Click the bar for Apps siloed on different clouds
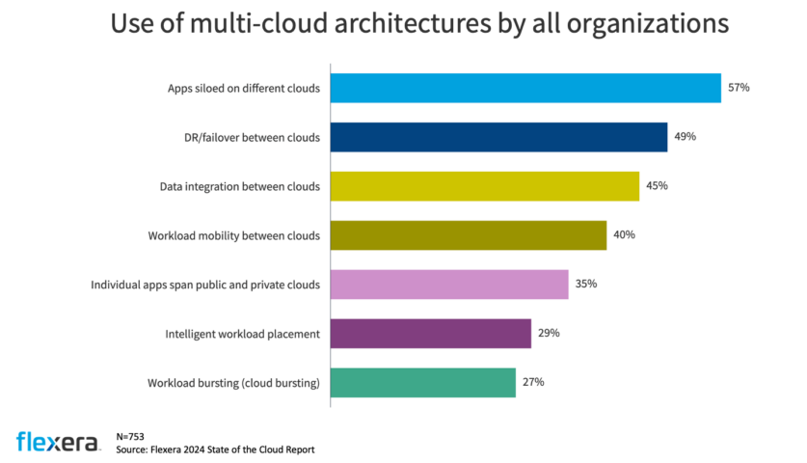[x=525, y=88]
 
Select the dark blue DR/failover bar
[x=498, y=137]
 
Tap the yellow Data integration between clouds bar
[x=484, y=186]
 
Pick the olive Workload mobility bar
[x=469, y=235]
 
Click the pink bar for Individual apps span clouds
[x=449, y=285]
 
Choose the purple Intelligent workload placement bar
[x=431, y=334]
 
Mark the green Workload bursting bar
[x=423, y=383]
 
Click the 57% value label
[x=739, y=88]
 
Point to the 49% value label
[x=685, y=137]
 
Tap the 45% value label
[x=657, y=186]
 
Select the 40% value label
[x=624, y=235]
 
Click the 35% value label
[x=586, y=285]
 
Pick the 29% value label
[x=549, y=334]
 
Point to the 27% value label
[x=533, y=383]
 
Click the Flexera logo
[x=57, y=442]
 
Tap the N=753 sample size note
[x=131, y=436]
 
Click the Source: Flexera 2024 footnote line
[x=214, y=449]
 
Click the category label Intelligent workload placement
[x=243, y=335]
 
